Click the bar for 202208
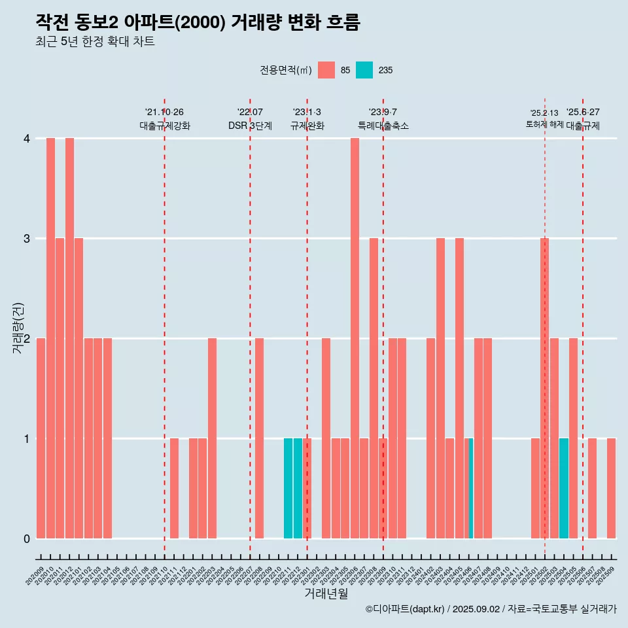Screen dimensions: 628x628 260,438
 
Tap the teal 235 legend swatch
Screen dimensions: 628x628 364,70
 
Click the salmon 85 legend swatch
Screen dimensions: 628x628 326,70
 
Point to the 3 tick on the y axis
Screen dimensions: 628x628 27,238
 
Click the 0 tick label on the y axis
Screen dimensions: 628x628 27,538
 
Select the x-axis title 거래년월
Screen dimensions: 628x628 326,593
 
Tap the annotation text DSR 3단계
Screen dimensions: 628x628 250,126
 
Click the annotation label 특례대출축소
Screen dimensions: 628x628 383,126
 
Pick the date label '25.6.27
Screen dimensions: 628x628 583,112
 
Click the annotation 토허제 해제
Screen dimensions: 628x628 544,124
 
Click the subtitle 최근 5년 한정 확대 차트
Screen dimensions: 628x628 95,42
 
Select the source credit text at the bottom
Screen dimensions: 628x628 491,609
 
